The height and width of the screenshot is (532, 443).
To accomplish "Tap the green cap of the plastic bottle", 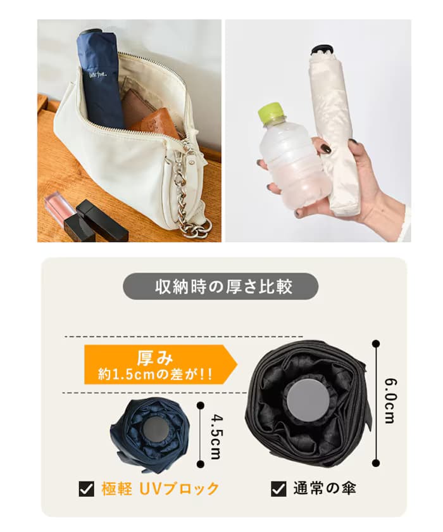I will [x=270, y=115].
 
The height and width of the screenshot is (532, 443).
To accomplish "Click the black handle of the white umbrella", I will [x=322, y=50].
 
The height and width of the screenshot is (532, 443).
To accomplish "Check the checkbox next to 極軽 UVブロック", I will [x=86, y=489].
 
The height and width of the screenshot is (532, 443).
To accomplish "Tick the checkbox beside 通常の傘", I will [x=278, y=489].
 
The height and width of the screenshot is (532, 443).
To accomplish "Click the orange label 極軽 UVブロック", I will [x=160, y=489].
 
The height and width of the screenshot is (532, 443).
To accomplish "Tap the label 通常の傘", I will [x=324, y=489].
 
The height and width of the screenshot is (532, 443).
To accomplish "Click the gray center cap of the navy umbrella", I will [x=152, y=431].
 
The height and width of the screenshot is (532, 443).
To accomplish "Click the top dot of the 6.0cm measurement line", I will [x=376, y=344].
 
